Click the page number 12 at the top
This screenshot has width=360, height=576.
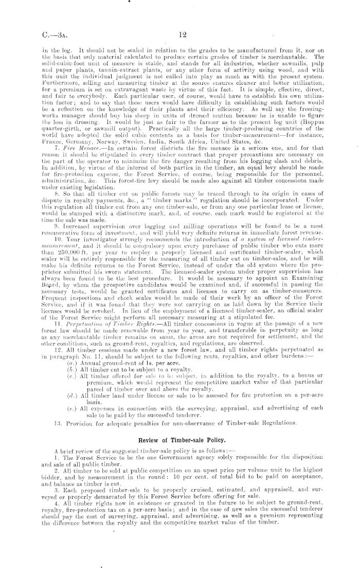(182, 34)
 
